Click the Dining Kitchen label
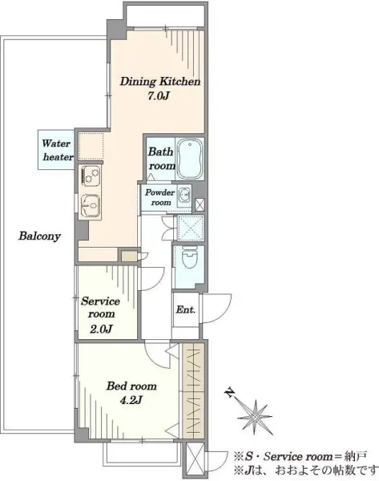point(160,82)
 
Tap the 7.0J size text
point(159,96)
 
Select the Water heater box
point(56,150)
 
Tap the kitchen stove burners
point(90,174)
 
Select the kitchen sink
point(91,204)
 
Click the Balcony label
point(39,236)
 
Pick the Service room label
point(101,307)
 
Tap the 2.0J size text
point(101,329)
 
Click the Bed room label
point(131,386)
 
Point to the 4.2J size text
point(131,400)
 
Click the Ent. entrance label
point(186,309)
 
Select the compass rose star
point(255,417)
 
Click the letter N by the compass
point(228,392)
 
